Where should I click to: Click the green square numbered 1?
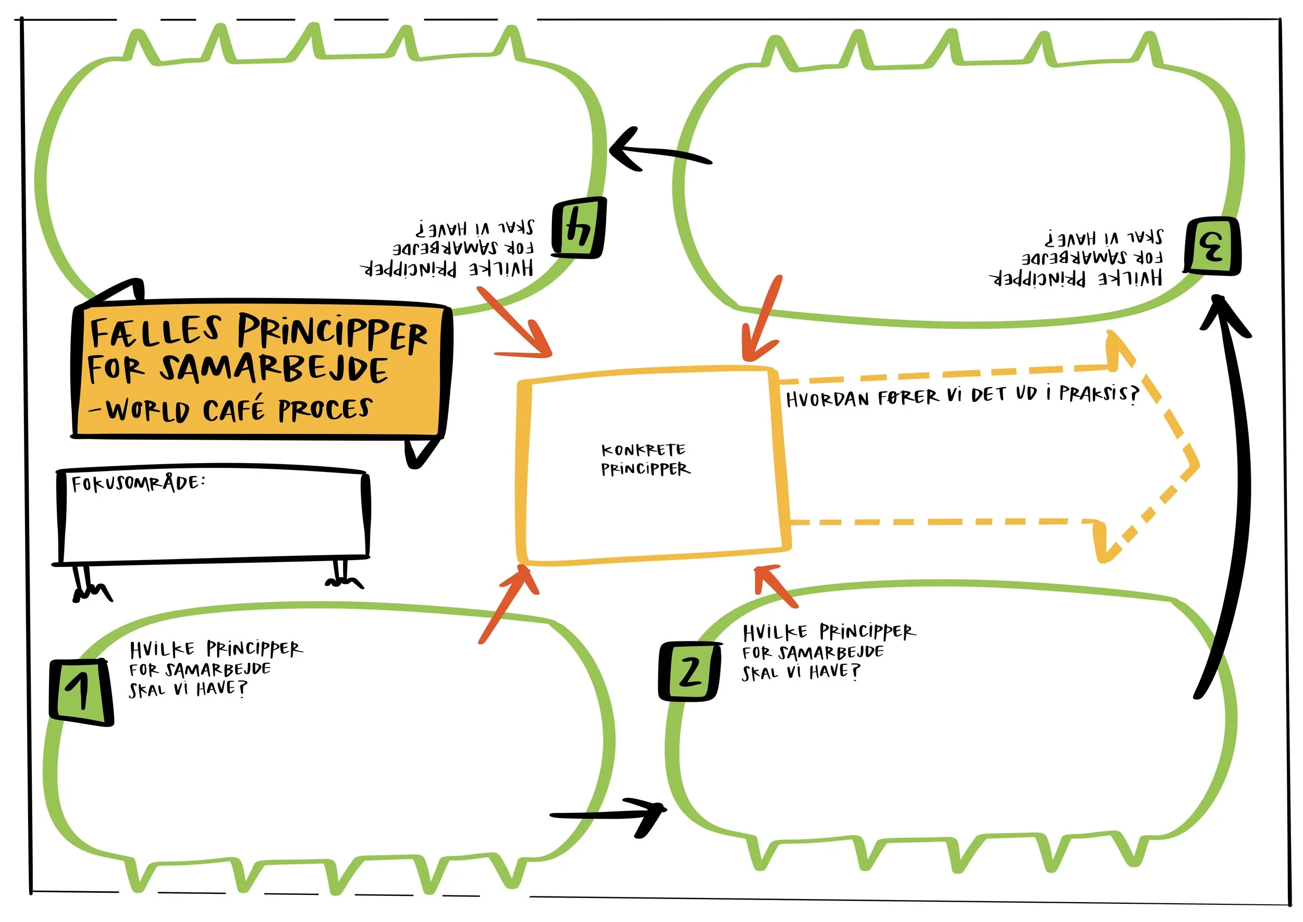coord(81,692)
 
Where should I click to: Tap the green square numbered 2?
coord(690,672)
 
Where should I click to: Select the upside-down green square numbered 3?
coord(1212,246)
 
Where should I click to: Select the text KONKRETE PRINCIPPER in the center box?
coord(645,460)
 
